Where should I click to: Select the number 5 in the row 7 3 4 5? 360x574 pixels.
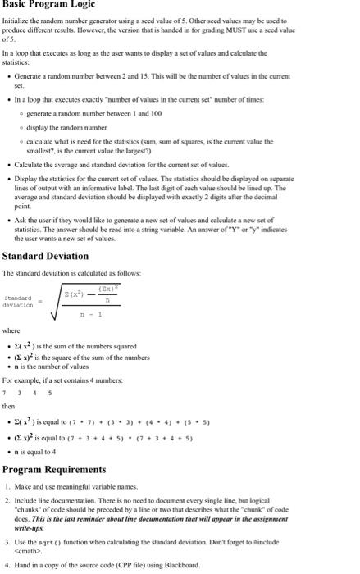[50, 392]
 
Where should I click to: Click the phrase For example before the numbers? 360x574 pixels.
[25, 380]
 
